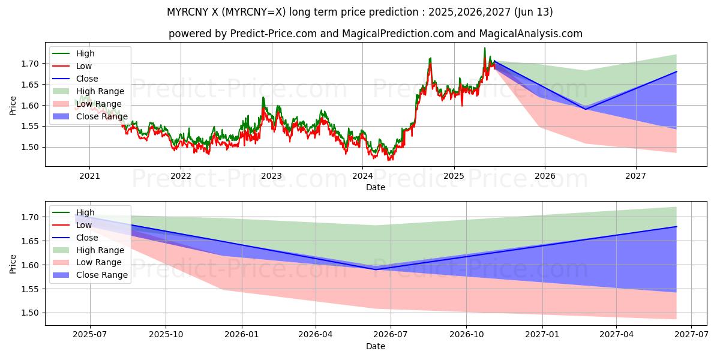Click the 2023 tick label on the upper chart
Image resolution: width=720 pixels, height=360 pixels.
[271, 176]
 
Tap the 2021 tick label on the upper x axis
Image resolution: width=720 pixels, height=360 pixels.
[89, 176]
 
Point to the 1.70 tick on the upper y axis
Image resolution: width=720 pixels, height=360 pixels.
[31, 64]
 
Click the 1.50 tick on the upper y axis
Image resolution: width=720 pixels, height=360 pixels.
[31, 147]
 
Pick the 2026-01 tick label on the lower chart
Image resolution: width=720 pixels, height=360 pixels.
[241, 335]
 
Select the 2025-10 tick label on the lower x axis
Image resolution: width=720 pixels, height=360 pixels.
[166, 335]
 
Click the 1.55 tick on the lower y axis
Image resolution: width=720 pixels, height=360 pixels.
[31, 289]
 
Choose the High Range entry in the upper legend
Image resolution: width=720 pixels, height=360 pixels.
[100, 91]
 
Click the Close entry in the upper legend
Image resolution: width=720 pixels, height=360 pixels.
[87, 79]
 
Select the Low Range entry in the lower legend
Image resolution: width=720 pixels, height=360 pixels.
[98, 262]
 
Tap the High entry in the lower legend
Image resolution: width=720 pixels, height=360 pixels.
[85, 212]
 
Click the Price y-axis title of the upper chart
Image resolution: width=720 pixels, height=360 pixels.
[13, 106]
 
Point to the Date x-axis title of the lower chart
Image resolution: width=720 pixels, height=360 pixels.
[376, 346]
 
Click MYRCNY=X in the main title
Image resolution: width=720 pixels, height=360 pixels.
[259, 12]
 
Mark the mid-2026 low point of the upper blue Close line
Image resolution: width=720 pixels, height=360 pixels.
[586, 109]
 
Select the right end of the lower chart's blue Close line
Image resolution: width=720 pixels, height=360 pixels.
[676, 226]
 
